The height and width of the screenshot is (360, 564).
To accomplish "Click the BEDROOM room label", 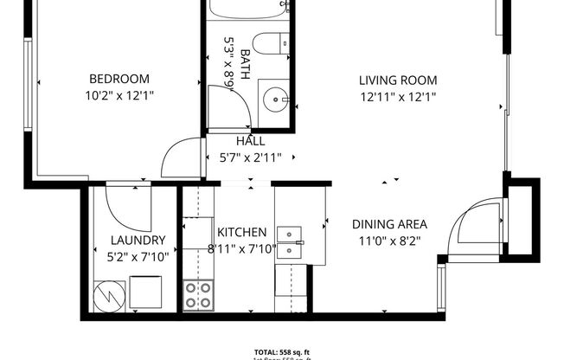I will [x=120, y=79].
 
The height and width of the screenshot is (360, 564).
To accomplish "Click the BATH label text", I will [x=246, y=64].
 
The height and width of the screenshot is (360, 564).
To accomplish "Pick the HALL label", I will [x=250, y=141].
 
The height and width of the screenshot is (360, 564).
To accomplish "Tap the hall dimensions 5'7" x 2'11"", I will [x=250, y=157].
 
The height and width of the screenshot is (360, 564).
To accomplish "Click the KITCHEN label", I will [x=241, y=232].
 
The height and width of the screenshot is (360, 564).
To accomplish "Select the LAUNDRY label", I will [x=138, y=240].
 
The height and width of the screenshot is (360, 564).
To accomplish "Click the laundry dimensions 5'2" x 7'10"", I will [x=138, y=256].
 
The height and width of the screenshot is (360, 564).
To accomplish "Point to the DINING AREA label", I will [x=389, y=224].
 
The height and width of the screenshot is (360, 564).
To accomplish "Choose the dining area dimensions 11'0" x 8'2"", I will [x=389, y=241].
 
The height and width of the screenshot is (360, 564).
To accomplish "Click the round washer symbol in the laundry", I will [x=109, y=294].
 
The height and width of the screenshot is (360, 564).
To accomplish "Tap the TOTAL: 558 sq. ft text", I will [x=282, y=351].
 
